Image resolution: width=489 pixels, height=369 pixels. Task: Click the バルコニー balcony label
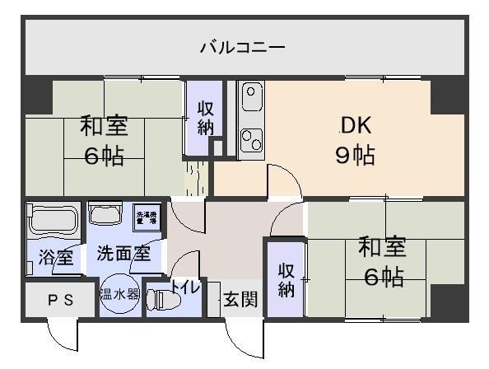pos(244,47)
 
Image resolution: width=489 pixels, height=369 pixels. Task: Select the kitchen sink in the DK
pos(250,100)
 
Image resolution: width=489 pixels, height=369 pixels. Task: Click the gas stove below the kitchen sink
pos(250,140)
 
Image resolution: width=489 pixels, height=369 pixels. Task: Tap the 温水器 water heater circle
pos(119,293)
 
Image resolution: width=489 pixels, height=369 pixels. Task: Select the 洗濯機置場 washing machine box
pos(147,218)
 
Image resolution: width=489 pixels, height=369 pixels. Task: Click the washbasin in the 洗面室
pos(104,214)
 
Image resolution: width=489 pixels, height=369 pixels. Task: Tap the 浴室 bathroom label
pos(55,256)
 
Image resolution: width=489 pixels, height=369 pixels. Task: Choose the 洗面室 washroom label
pos(123,254)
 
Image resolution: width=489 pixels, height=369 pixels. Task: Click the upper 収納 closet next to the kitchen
pos(205,116)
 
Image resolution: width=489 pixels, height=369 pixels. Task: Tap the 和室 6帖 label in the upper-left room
pos(103,140)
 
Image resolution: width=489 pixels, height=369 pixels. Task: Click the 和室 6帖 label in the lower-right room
pos(383,262)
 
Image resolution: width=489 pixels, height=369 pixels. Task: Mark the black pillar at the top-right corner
pos(449,94)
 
